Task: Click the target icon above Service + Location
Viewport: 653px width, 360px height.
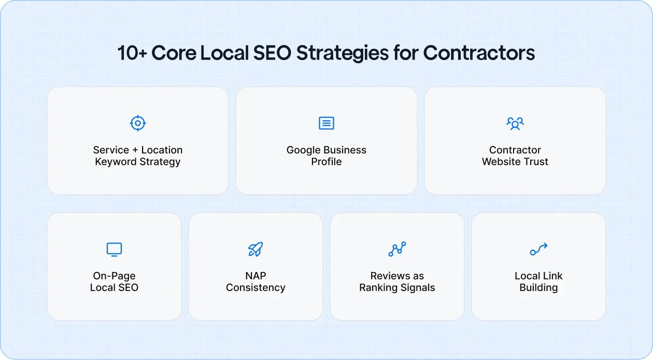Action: click(x=137, y=123)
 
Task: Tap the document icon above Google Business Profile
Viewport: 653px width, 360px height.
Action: click(x=326, y=123)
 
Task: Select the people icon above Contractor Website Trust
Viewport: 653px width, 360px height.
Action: click(x=515, y=123)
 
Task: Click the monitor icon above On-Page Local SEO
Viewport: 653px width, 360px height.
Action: click(x=114, y=249)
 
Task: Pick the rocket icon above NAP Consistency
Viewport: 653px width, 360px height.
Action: click(x=255, y=249)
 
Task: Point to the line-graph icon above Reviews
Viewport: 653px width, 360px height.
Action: click(x=397, y=249)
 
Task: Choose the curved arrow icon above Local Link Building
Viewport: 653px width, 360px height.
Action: click(x=538, y=249)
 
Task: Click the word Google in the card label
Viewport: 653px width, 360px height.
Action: click(x=304, y=150)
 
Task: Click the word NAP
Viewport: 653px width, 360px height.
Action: click(x=255, y=276)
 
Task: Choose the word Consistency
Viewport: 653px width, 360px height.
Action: click(x=255, y=288)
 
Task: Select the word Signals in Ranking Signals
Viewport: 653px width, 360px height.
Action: click(x=419, y=288)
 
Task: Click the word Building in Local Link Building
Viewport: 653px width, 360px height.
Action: click(x=538, y=288)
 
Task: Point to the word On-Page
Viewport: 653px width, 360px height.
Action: click(x=114, y=276)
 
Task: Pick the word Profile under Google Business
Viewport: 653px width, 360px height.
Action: click(x=326, y=162)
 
